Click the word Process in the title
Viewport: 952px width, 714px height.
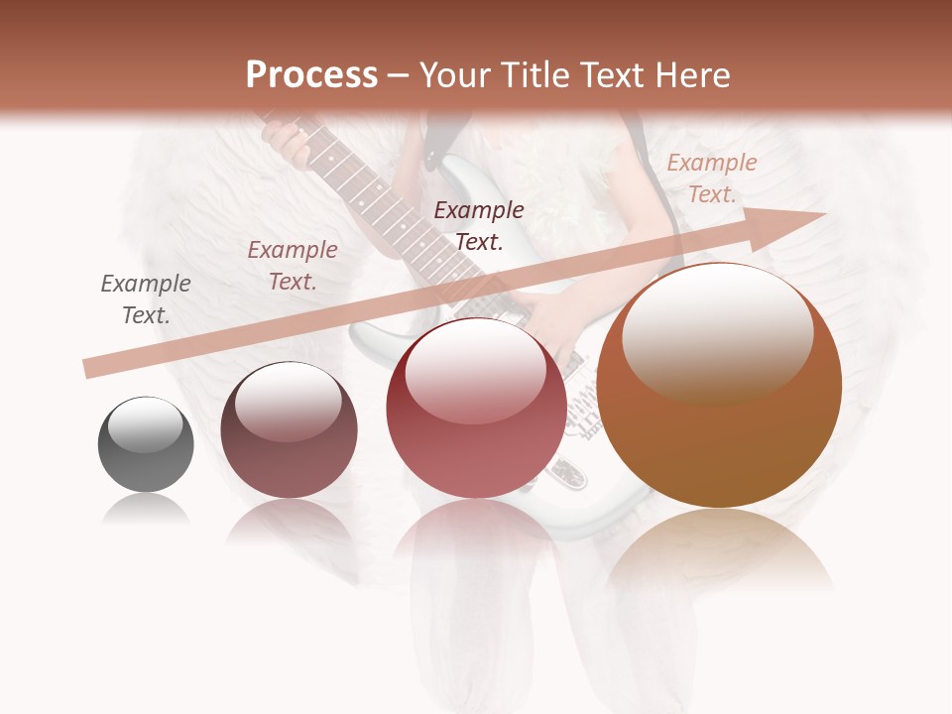[311, 75]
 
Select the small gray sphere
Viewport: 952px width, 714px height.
[146, 444]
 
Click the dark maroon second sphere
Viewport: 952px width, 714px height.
[289, 430]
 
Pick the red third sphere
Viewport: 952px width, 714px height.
[476, 408]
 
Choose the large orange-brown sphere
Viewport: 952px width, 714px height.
[719, 387]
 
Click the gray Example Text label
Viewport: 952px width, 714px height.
[146, 299]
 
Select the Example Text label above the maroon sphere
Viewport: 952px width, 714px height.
[293, 266]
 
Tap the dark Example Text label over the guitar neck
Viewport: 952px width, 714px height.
[479, 226]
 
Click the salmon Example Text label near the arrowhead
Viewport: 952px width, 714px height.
[711, 178]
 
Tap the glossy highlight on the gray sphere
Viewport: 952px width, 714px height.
[145, 421]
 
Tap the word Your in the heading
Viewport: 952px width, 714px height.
[455, 75]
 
